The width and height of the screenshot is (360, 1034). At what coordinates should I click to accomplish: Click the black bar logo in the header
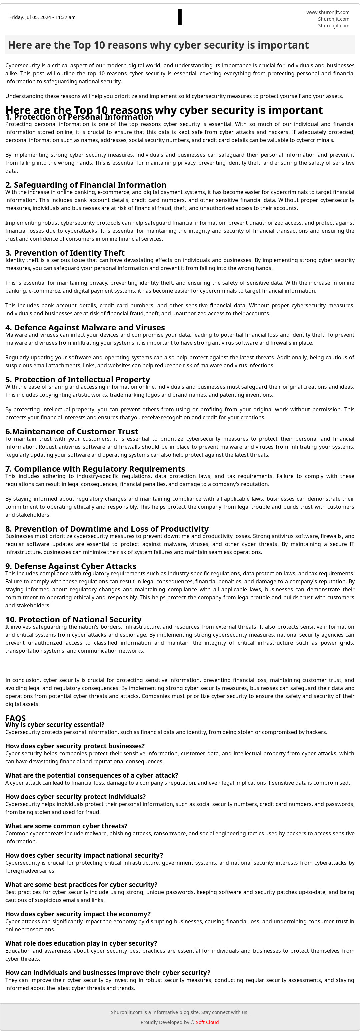coord(180,17)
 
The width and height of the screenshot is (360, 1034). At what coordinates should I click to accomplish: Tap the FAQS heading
coord(15,718)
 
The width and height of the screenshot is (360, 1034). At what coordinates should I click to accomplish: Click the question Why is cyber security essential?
coord(55,725)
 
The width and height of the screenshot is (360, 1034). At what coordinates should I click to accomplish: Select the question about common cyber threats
coord(66,826)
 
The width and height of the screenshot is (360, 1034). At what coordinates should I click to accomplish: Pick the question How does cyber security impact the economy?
coord(78,914)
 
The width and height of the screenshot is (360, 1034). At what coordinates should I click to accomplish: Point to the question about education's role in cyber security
coord(81,943)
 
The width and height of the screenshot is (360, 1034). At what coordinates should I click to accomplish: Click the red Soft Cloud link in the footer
coord(207,1022)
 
